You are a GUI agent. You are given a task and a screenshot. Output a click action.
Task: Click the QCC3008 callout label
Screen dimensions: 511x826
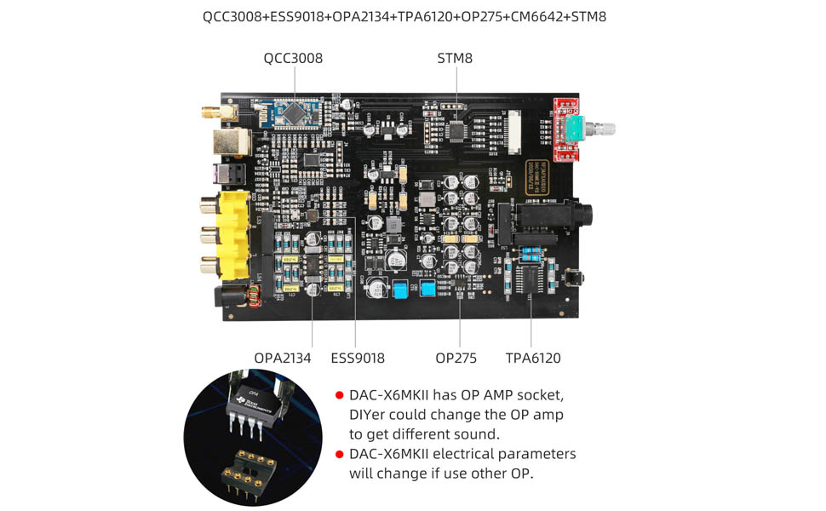coord(293,59)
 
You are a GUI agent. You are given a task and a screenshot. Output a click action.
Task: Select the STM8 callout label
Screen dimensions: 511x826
coord(455,59)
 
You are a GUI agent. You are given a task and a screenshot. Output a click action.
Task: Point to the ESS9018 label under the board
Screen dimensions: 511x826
coord(358,359)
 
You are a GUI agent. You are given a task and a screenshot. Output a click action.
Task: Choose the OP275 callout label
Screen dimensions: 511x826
coord(456,359)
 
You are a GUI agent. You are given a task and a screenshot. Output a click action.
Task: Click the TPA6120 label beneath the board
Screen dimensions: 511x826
coord(533,359)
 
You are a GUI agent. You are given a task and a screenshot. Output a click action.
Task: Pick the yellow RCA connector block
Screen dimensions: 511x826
coord(231,234)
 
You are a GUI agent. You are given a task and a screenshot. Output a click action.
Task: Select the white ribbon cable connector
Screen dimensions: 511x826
coord(514,131)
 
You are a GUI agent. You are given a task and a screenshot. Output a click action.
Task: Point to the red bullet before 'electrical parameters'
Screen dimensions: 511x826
coord(339,454)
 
